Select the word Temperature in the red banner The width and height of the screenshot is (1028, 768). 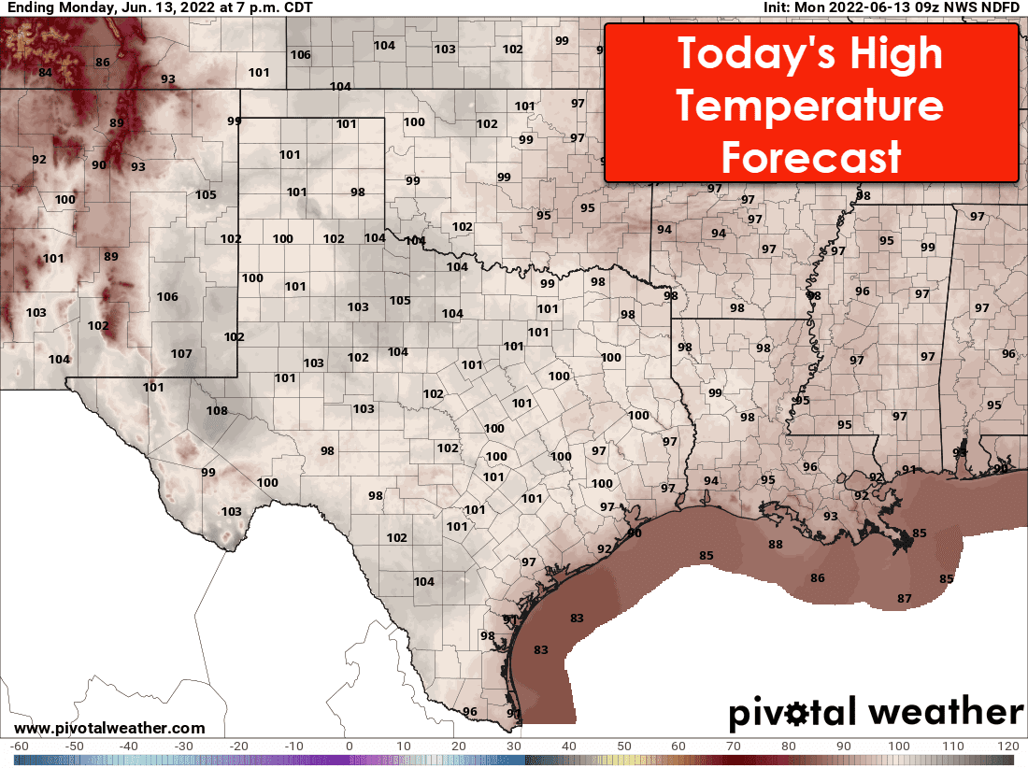[809, 107]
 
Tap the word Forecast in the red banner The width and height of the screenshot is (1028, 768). [809, 158]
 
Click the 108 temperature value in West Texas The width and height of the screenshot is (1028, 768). [217, 411]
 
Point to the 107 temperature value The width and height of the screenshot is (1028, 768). [181, 354]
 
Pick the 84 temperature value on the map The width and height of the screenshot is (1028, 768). [45, 73]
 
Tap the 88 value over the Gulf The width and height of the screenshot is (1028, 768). [775, 545]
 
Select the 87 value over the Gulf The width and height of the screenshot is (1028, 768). [904, 598]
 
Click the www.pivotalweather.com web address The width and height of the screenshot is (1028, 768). [109, 728]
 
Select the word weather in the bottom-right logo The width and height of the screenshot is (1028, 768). [946, 713]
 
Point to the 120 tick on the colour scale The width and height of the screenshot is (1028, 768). [1007, 746]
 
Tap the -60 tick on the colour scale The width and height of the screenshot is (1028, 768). [19, 746]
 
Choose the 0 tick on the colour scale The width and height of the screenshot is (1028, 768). [349, 746]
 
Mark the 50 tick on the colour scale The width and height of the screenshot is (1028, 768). [623, 746]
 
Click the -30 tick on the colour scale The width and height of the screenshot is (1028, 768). [184, 746]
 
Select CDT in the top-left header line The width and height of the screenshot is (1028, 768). [295, 7]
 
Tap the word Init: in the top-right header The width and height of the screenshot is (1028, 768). [780, 7]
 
